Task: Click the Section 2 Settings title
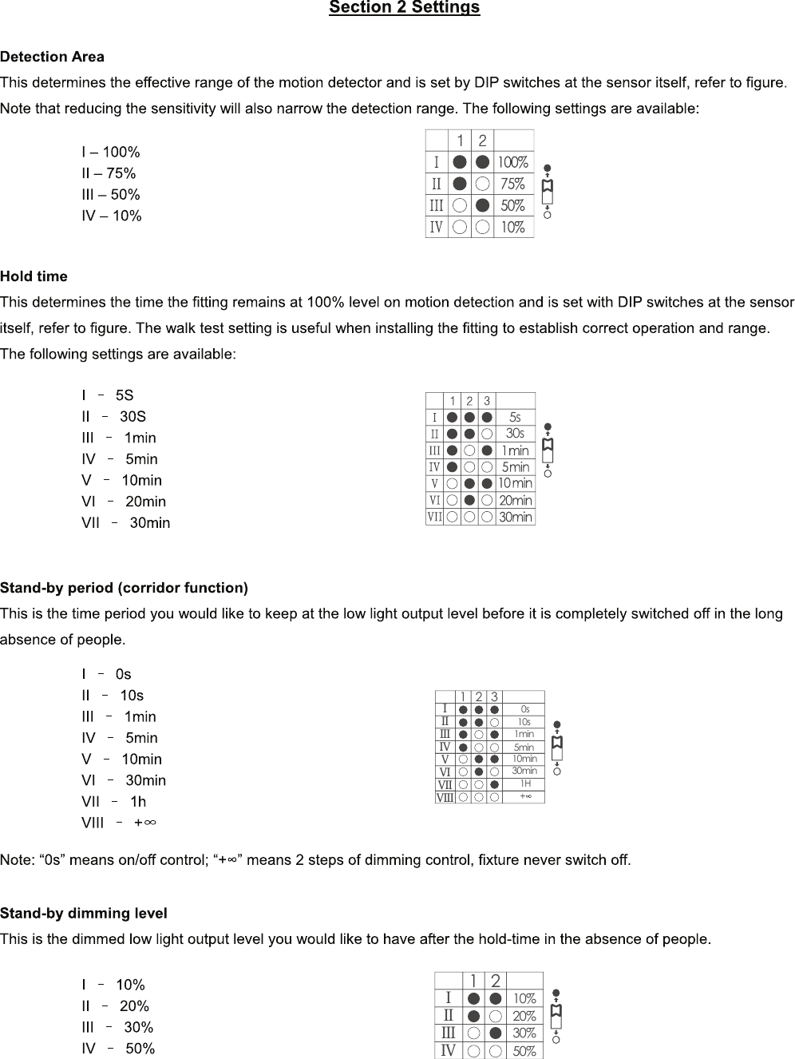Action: coord(404,8)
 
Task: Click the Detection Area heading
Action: coord(52,57)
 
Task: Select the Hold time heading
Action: coord(34,276)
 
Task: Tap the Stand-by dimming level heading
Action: coord(84,913)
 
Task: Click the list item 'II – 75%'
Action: coord(109,173)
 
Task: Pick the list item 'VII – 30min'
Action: coord(125,523)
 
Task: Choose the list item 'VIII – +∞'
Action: coord(118,823)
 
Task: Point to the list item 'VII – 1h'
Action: coord(113,802)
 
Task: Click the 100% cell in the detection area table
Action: coord(513,163)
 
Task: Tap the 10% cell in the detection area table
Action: coord(513,228)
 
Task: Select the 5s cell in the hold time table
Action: coord(515,417)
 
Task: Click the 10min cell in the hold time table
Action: coord(515,483)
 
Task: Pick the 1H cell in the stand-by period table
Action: coord(525,784)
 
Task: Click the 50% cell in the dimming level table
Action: coord(524,1051)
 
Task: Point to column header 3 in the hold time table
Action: coord(487,401)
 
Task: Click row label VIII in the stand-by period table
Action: coord(445,797)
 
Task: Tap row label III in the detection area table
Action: coord(437,206)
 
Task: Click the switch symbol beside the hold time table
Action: coord(548,450)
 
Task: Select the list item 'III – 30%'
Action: coord(117,1027)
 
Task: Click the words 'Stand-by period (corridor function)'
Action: coord(124,588)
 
